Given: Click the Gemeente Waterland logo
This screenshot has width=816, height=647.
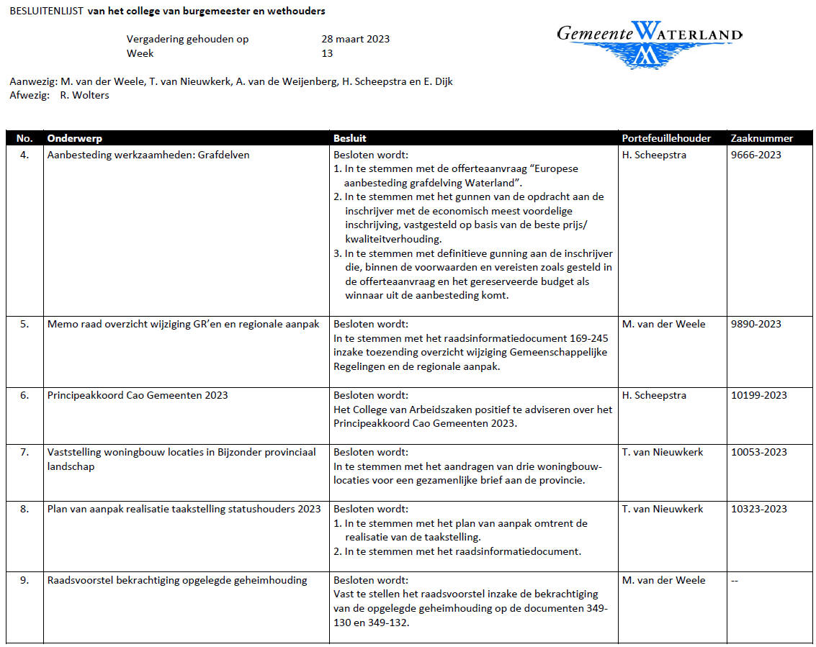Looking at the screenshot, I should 649,43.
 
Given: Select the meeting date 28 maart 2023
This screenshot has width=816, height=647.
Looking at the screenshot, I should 355,39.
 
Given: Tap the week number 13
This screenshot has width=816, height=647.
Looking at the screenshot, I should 327,53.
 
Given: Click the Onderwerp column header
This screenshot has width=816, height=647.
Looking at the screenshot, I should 73,138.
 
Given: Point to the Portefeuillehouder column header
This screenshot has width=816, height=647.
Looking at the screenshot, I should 666,138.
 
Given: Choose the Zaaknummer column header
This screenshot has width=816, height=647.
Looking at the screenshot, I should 761,138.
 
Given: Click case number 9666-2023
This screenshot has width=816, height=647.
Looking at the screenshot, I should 756,155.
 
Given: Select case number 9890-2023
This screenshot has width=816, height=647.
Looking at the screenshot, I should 756,324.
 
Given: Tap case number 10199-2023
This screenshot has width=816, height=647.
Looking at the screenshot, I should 758,395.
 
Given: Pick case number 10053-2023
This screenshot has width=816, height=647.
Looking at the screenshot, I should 758,452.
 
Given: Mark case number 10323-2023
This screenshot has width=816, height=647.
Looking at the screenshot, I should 758,509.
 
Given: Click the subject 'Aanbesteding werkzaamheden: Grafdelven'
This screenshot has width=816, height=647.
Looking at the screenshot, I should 148,155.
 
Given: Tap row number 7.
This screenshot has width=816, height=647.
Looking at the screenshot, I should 24,452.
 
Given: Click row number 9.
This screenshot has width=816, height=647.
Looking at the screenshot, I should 24,580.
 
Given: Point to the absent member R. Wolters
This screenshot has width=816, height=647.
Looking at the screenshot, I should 84,95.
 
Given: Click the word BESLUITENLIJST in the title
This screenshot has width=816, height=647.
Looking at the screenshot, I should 45,12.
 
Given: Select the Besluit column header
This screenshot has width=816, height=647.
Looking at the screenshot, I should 350,138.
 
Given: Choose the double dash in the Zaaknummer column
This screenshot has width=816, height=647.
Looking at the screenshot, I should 735,580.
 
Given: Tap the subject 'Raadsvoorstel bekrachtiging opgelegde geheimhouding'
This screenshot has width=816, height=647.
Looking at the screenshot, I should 177,580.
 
